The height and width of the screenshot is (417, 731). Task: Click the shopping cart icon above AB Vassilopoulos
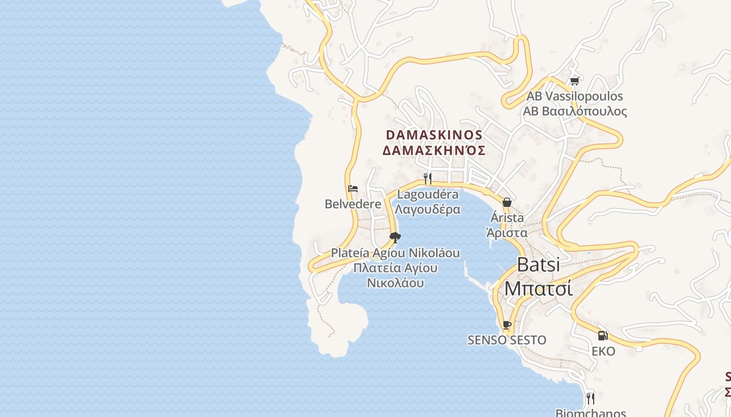[x=575, y=81]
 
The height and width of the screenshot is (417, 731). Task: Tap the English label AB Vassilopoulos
[x=574, y=96]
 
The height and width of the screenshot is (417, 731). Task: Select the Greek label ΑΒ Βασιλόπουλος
[x=574, y=111]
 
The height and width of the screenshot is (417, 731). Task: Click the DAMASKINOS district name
[x=434, y=134]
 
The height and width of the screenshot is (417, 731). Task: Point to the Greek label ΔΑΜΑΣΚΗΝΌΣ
[x=434, y=151]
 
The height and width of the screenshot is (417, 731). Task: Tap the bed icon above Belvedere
[x=353, y=189]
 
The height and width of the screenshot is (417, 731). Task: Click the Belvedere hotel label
[x=353, y=204]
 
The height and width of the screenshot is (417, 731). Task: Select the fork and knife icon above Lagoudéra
[x=428, y=179]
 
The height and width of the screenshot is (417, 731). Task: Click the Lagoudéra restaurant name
[x=428, y=194]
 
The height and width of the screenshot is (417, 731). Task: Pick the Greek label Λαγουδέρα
[x=428, y=210]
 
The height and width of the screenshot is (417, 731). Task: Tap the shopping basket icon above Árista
[x=506, y=202]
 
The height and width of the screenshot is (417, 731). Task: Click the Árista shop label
[x=506, y=218]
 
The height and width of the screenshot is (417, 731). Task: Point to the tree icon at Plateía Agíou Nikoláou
[x=395, y=238]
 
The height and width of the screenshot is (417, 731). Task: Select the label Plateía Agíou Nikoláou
[x=395, y=253]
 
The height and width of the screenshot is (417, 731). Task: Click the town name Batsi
[x=538, y=264]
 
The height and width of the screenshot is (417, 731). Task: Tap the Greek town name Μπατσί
[x=538, y=288]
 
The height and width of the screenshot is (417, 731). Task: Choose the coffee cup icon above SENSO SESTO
[x=506, y=325]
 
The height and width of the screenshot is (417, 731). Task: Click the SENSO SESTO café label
[x=506, y=340]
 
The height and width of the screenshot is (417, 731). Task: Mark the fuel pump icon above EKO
[x=603, y=336]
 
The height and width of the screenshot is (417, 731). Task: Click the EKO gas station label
[x=603, y=351]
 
